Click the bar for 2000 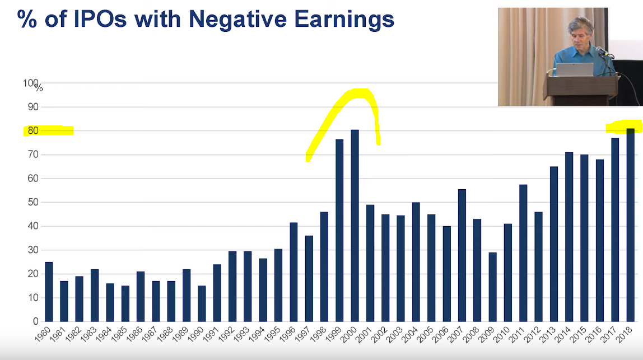pos(355,226)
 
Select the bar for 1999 pos(339,231)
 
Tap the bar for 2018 pos(630,225)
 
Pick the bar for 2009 pos(492,287)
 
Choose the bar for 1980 pos(49,292)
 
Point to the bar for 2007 pos(462,255)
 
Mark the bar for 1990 pos(202,303)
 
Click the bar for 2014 pos(569,237)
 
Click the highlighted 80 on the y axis pos(33,131)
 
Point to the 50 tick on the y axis pos(33,202)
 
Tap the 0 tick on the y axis pos(36,321)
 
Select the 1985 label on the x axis pos(119,334)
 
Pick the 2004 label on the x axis pos(410,334)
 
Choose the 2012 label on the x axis pos(533,334)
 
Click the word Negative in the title pos(237,19)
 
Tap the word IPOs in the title pos(100,19)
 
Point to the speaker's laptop pos(574,69)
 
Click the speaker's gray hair pos(581,25)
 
